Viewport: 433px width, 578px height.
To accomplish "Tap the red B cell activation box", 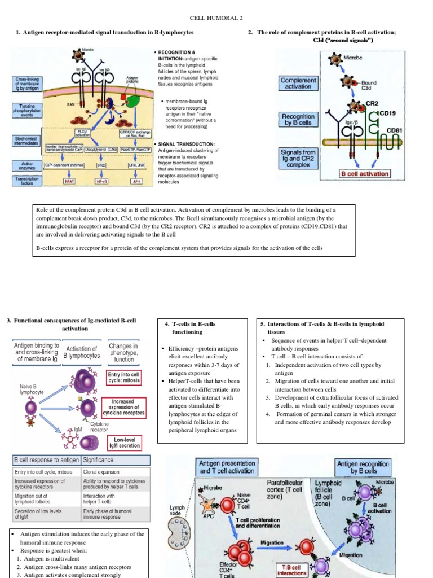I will tap(364, 173).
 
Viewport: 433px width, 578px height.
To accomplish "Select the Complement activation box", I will tap(299, 83).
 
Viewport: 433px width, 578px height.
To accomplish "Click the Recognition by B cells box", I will tap(298, 119).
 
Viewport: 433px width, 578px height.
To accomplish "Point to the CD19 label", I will tap(388, 113).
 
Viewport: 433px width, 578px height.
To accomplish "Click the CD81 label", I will tap(394, 131).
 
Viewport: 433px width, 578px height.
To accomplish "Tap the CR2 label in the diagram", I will tap(372, 103).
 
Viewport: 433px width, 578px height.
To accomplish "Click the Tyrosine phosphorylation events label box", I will tap(22, 110).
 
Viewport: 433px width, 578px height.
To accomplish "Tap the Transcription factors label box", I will tap(22, 181).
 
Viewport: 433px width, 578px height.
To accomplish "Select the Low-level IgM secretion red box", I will tap(127, 442).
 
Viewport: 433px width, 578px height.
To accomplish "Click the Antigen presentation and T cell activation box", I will tap(226, 467).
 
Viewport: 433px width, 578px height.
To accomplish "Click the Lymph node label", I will tap(177, 511).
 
